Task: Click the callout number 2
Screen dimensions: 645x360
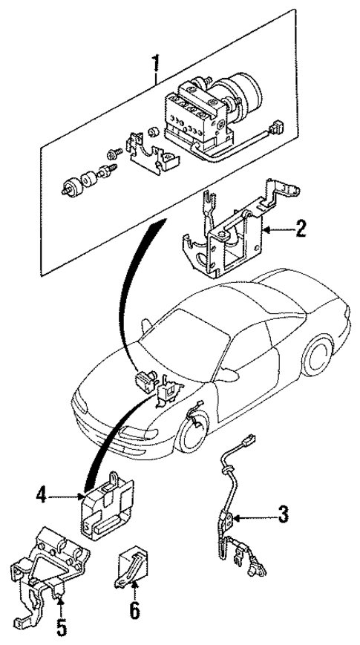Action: (x=300, y=229)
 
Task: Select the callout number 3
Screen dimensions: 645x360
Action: (x=283, y=513)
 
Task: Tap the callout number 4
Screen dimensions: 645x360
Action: (x=42, y=494)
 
